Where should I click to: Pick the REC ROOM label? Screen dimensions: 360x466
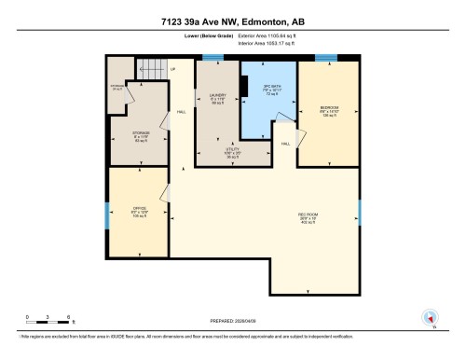[x=308, y=219]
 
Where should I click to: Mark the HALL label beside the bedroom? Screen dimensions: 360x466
[x=286, y=144]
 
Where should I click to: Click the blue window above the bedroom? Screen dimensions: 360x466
[x=326, y=58]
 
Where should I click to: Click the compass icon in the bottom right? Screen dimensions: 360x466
[x=431, y=317]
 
